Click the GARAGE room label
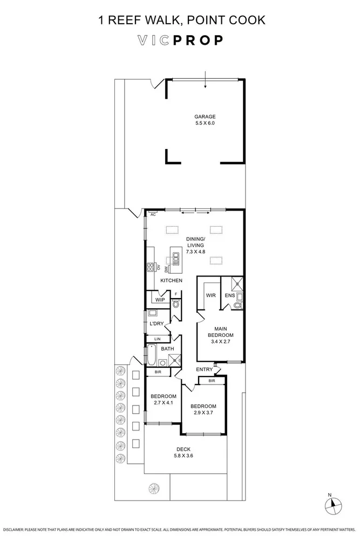pos(205,117)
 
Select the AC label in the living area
pos(153,214)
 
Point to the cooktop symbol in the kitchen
pos(151,267)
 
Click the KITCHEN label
pos(171,281)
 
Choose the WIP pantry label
pos(160,300)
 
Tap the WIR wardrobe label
pos(211,295)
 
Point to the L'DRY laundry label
pos(157,324)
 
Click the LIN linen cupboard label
pos(158,339)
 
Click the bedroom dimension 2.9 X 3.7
pos(203,413)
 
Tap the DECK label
pos(184,449)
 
